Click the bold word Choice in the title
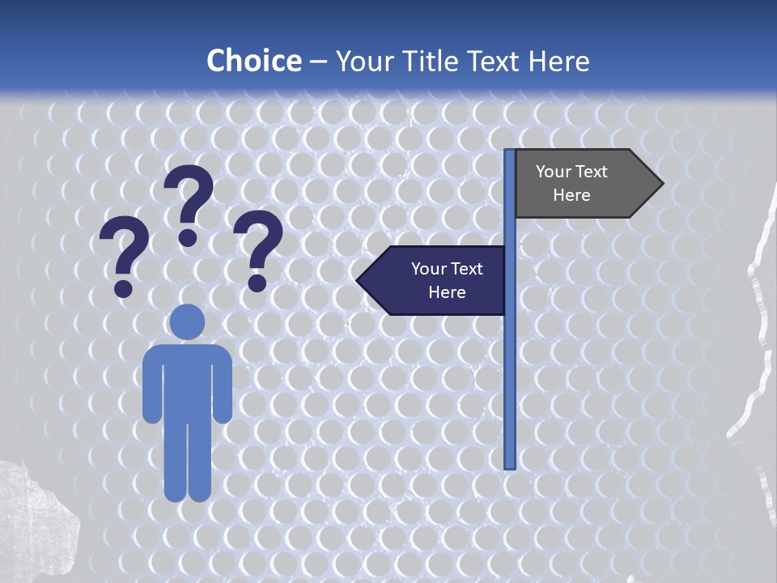tap(253, 61)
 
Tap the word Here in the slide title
tap(558, 61)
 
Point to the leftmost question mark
tap(124, 251)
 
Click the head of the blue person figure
tap(187, 321)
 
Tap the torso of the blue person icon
tap(187, 381)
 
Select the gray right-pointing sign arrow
tap(583, 184)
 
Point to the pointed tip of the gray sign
tap(661, 184)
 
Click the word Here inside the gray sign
tap(571, 195)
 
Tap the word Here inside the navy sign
tap(447, 292)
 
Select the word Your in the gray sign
tap(554, 172)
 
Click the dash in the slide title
tap(318, 62)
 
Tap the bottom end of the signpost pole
tap(510, 466)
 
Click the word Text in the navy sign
tap(466, 269)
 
